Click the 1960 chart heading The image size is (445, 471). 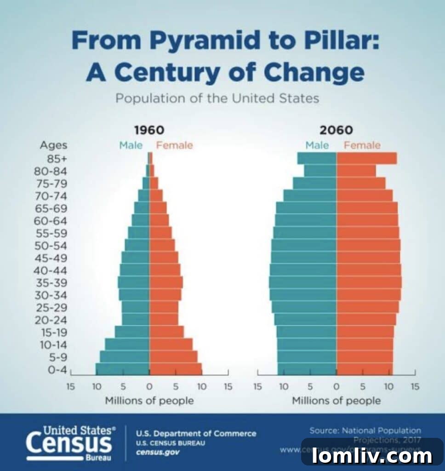click(149, 130)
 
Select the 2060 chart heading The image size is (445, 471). click(336, 130)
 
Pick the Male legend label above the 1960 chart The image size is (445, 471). click(131, 145)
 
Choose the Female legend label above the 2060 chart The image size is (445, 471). click(362, 145)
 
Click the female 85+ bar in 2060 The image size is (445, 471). click(366, 158)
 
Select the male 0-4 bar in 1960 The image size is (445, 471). click(122, 368)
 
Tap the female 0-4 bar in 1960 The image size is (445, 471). click(175, 368)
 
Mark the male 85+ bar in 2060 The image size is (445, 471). click(317, 158)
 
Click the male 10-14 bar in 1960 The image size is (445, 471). click(127, 344)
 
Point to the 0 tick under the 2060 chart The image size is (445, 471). click(337, 387)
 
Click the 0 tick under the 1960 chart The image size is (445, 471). click(149, 387)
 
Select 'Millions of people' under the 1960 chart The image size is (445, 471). click(149, 401)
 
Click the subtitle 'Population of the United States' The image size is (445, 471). click(217, 98)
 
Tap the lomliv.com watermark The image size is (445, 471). click(372, 456)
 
